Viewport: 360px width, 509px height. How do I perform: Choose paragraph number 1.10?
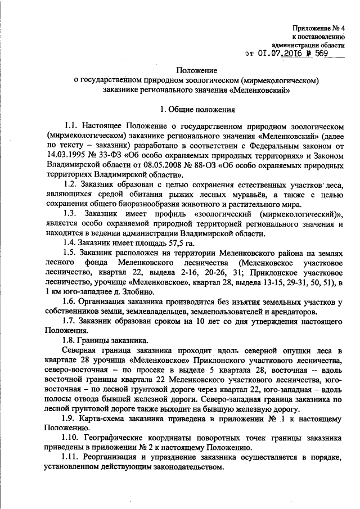pyautogui.click(x=73, y=438)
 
